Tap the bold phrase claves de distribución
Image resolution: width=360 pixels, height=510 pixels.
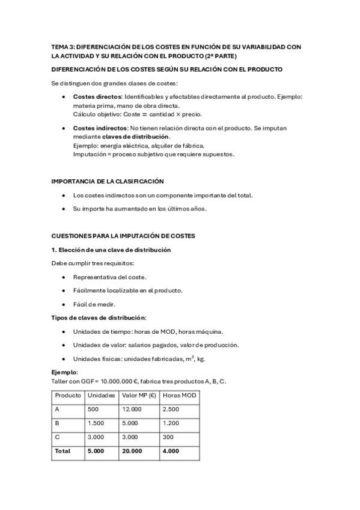(135, 137)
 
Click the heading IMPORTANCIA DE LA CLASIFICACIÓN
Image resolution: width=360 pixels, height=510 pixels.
(108, 181)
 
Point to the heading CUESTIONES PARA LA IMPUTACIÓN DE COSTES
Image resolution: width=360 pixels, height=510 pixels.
(123, 236)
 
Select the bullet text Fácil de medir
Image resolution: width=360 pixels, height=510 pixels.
(94, 304)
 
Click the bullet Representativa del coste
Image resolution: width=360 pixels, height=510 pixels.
(109, 277)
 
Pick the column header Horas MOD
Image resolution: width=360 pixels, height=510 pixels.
(178, 396)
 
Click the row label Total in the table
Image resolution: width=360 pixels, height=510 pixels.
(63, 451)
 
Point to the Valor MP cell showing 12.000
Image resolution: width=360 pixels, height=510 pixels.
(132, 410)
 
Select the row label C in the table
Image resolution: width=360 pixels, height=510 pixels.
(57, 437)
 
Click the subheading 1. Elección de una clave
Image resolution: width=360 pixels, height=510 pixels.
(111, 250)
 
